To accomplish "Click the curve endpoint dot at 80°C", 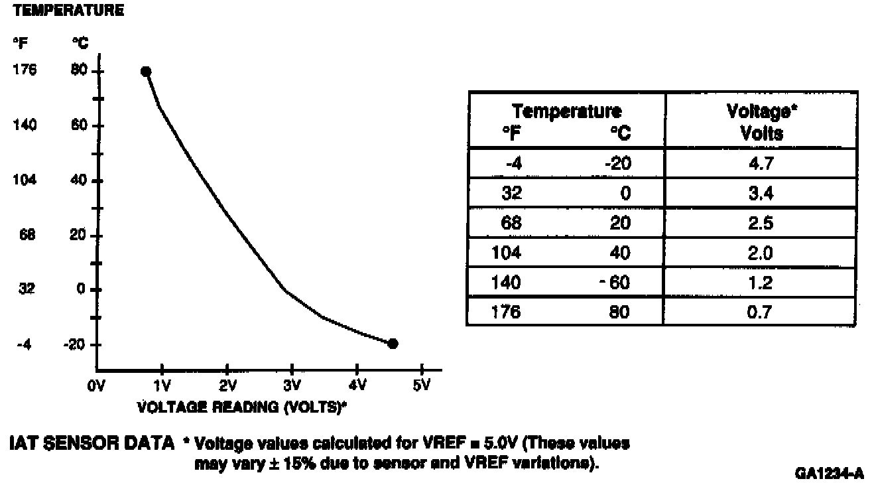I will point(146,72).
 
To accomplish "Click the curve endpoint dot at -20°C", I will point(393,344).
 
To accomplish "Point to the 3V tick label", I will point(292,385).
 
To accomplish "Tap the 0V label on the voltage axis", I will point(97,385).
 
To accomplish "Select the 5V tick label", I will point(422,385).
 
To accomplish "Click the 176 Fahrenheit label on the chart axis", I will point(25,71).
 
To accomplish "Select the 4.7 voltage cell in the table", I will point(761,164).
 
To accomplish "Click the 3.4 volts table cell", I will point(761,194).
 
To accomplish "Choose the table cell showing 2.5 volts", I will point(761,223).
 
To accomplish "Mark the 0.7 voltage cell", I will point(761,311).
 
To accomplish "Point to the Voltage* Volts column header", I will point(762,122).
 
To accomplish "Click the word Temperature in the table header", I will point(567,111).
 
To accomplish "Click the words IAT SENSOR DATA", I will point(91,443).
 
